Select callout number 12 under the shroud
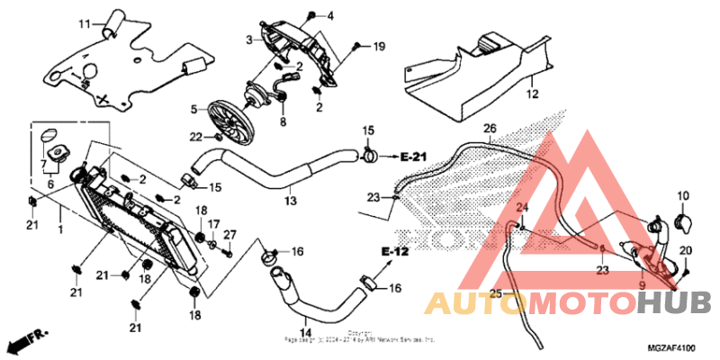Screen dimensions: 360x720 pyautogui.click(x=531, y=94)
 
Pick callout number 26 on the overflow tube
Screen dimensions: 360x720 pyautogui.click(x=490, y=128)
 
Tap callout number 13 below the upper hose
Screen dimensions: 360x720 pyautogui.click(x=290, y=200)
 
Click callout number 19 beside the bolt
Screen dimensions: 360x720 pyautogui.click(x=378, y=45)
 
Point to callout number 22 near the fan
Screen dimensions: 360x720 pyautogui.click(x=195, y=137)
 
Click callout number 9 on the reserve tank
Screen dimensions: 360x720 pyautogui.click(x=641, y=285)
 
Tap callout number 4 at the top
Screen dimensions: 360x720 pyautogui.click(x=329, y=16)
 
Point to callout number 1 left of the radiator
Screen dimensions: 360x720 pyautogui.click(x=60, y=229)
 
